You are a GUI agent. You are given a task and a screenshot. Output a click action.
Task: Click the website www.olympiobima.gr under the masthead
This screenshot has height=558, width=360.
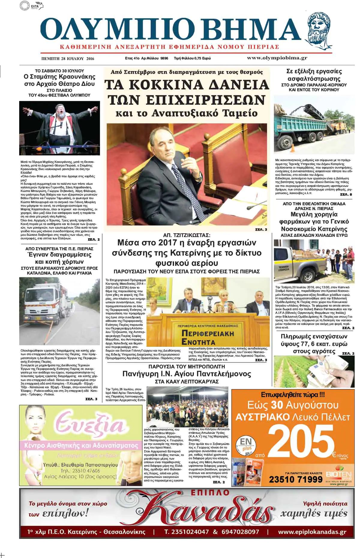click(277, 58)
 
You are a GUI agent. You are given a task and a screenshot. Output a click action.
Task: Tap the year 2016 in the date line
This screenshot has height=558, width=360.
click(90, 58)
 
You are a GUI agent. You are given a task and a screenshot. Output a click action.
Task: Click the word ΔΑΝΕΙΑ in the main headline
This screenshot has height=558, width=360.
click(238, 85)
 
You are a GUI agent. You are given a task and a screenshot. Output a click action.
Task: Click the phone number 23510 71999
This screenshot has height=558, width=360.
click(295, 479)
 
